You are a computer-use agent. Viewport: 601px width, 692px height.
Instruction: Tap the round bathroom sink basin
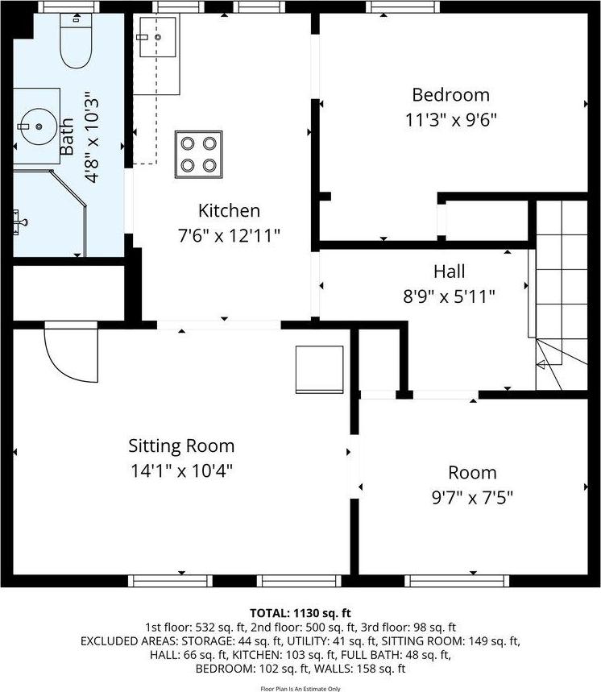pyautogui.click(x=37, y=126)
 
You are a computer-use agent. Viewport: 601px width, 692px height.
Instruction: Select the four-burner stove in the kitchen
pyautogui.click(x=198, y=154)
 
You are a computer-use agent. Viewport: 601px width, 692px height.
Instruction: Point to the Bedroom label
pyautogui.click(x=450, y=95)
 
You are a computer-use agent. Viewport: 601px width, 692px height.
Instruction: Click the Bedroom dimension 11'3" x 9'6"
pyautogui.click(x=450, y=120)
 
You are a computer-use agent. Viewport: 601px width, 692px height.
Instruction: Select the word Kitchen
pyautogui.click(x=229, y=211)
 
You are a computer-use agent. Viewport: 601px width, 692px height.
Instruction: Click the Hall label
pyautogui.click(x=448, y=271)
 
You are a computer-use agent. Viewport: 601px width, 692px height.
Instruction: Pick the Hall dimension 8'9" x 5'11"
pyautogui.click(x=448, y=296)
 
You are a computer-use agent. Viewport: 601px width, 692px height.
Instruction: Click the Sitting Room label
pyautogui.click(x=181, y=445)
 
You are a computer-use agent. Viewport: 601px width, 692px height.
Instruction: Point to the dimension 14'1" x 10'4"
pyautogui.click(x=181, y=470)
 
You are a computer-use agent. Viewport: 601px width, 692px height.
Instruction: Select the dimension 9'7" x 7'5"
pyautogui.click(x=472, y=497)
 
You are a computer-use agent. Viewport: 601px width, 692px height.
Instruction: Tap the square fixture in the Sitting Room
pyautogui.click(x=313, y=367)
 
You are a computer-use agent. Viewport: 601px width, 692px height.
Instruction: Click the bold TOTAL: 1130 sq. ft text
pyautogui.click(x=300, y=613)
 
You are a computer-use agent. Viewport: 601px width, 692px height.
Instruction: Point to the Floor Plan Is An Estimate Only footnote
pyautogui.click(x=300, y=688)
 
